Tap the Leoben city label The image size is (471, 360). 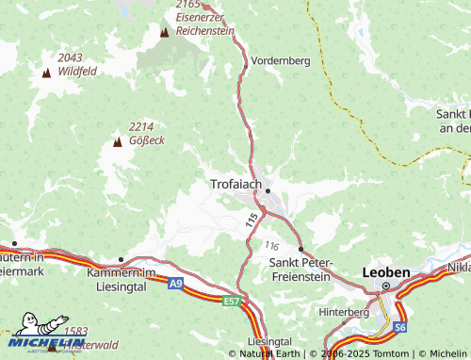tap(386, 272)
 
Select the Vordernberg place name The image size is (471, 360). tap(281, 60)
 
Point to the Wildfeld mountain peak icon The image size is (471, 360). tap(46, 73)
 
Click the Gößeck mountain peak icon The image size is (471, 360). tap(118, 142)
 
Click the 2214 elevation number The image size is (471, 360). tap(141, 126)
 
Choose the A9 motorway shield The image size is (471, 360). tap(175, 282)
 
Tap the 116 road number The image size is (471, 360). tap(272, 245)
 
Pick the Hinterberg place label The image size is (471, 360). tap(345, 310)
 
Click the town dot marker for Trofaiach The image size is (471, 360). tap(268, 190)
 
